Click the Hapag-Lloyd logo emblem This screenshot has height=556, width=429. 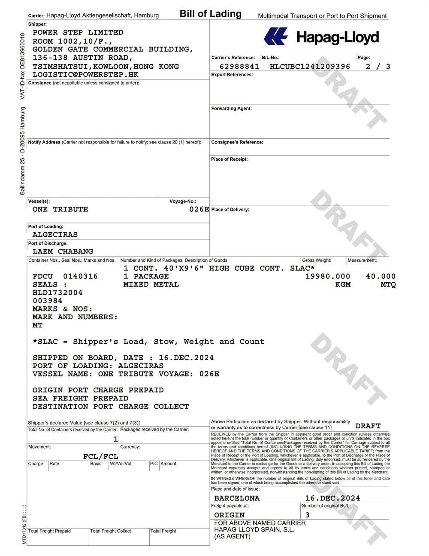(x=275, y=37)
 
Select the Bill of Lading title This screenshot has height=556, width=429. (x=210, y=14)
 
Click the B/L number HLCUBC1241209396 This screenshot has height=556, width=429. (x=310, y=67)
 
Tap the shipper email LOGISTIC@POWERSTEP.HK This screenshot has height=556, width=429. (x=85, y=74)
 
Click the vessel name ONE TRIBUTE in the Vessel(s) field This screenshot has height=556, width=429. (x=60, y=210)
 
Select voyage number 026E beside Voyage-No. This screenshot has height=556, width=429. (x=199, y=210)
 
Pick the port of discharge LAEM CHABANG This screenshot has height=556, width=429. (x=63, y=251)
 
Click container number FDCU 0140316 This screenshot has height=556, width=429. (x=65, y=276)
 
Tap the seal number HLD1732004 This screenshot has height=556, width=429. (x=57, y=293)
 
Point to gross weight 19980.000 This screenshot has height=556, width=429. (x=327, y=276)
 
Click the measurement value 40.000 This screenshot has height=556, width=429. (x=381, y=276)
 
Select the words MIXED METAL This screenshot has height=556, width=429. (x=151, y=284)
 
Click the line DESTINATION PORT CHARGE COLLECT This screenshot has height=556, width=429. (x=111, y=406)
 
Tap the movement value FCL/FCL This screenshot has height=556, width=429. (x=100, y=456)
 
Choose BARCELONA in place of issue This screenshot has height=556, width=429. (x=237, y=498)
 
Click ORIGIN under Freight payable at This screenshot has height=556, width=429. (x=230, y=515)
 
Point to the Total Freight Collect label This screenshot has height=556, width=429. (x=110, y=531)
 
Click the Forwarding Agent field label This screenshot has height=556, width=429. (x=231, y=109)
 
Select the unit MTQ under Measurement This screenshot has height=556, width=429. (x=388, y=284)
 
